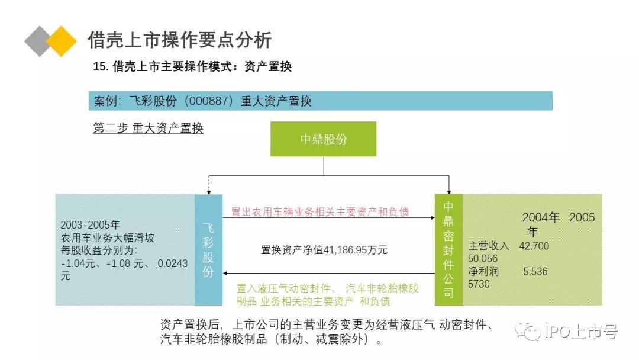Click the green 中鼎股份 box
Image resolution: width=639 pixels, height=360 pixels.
click(323, 139)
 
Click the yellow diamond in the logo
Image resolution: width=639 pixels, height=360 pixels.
click(61, 41)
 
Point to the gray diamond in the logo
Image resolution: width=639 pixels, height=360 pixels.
click(39, 41)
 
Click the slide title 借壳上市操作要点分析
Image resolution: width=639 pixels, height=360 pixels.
click(179, 40)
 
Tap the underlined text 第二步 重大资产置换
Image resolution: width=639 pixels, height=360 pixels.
click(148, 128)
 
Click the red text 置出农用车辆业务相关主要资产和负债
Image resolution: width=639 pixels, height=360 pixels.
click(319, 211)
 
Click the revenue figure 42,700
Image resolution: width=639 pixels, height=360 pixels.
click(534, 246)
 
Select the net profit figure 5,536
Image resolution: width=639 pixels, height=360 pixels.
click(535, 272)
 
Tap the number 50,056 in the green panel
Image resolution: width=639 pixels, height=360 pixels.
click(483, 259)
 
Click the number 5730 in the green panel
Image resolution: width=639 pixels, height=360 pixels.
click(479, 285)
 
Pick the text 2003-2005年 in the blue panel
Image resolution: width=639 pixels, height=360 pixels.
click(90, 226)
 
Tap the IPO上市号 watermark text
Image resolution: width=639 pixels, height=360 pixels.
click(580, 332)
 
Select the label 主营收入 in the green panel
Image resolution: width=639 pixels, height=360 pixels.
click(489, 246)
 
